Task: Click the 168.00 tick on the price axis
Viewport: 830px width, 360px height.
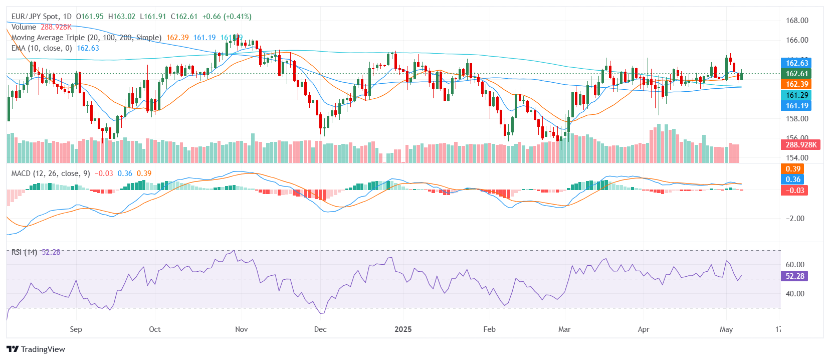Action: point(796,21)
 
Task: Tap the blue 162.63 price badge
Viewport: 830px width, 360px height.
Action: point(796,63)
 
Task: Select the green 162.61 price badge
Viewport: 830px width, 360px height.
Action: point(796,74)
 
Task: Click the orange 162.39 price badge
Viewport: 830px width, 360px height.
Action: point(796,84)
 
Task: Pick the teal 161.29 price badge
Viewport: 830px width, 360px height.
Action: point(796,95)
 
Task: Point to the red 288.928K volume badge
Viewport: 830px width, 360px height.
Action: point(800,144)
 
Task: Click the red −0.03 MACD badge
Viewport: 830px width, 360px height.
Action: point(794,191)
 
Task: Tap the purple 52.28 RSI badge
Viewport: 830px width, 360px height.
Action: point(794,276)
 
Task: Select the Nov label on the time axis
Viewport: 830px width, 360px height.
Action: point(241,329)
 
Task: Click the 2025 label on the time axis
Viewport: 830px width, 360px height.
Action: point(403,329)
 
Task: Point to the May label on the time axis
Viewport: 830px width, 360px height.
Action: point(726,329)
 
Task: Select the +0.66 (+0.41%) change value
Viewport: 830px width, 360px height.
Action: point(227,17)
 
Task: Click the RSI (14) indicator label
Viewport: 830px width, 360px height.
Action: point(24,252)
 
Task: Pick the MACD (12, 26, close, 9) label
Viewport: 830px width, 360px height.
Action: point(51,173)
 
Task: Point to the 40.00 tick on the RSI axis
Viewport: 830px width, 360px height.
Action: point(795,294)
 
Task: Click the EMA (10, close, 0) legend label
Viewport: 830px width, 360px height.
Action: point(42,48)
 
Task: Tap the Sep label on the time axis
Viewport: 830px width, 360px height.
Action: point(76,329)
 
